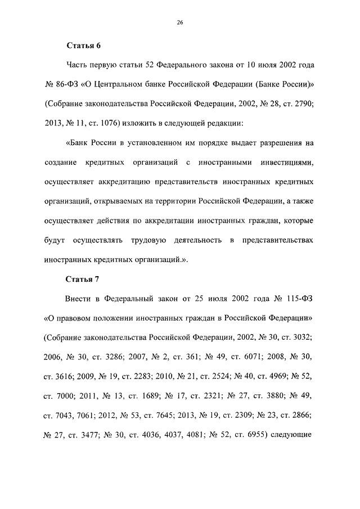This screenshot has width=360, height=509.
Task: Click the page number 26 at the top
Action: point(179,22)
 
